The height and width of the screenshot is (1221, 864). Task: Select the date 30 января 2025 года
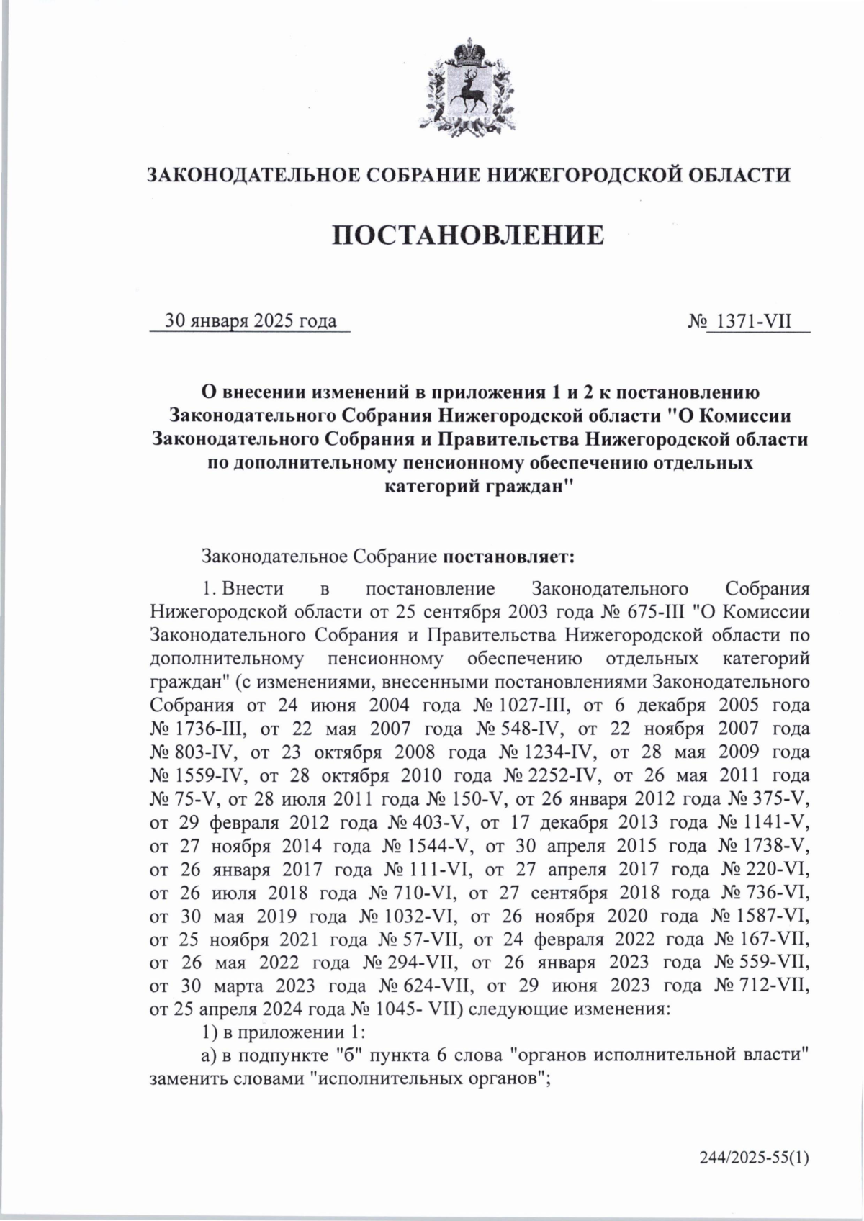pyautogui.click(x=251, y=320)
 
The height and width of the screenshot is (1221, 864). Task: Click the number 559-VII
pyautogui.click(x=770, y=963)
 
